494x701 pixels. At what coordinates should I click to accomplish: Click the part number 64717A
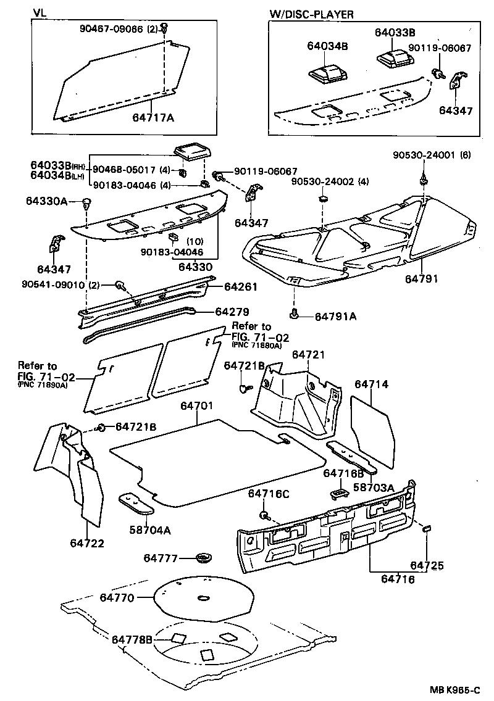(153, 117)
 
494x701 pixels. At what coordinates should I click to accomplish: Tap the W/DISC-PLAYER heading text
(312, 14)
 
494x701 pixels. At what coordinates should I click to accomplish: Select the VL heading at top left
(40, 13)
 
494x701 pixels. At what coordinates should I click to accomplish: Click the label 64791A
(335, 316)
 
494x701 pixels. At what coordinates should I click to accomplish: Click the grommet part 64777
(203, 558)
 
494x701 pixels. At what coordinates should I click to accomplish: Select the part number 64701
(197, 406)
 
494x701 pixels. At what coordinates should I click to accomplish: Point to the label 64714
(371, 384)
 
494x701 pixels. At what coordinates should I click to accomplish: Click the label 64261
(240, 287)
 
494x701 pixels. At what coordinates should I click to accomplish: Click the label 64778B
(132, 639)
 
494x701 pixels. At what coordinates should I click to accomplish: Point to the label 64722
(86, 543)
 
